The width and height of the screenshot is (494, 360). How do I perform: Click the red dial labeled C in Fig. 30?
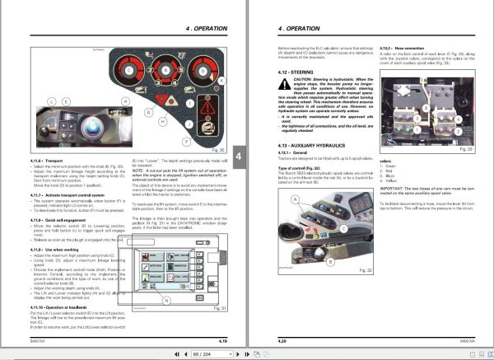coord(137,71)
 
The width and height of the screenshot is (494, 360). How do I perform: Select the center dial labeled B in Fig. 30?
coord(165,71)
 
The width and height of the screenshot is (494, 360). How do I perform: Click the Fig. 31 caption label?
coord(218,308)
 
